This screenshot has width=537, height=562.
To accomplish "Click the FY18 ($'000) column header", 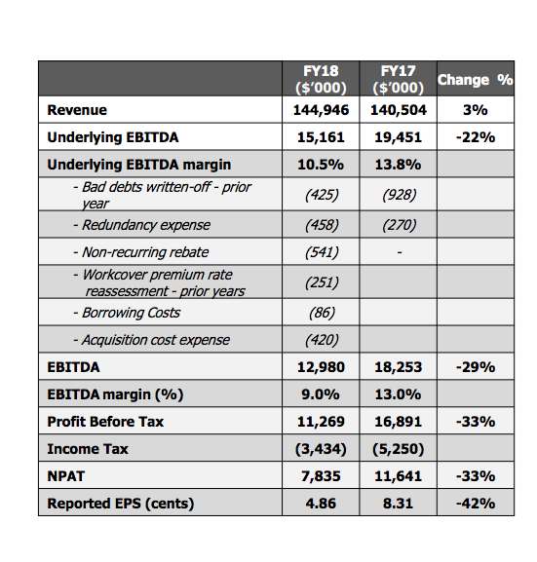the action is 321,79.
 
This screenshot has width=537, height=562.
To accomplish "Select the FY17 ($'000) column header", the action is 399,79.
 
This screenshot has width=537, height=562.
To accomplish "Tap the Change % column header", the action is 476,80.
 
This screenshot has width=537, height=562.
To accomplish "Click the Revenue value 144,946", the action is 321,110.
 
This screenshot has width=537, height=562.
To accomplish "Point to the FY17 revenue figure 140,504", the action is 399,110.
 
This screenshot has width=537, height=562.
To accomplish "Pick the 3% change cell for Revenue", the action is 476,110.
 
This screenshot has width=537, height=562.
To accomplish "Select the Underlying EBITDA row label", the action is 113,137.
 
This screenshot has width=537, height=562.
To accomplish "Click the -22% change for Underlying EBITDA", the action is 476,137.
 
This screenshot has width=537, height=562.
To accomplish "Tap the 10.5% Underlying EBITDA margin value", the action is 321,165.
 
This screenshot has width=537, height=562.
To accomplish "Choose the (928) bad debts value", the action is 399,195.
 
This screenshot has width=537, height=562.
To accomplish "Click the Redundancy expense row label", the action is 141,225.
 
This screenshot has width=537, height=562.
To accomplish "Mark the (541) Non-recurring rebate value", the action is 322,252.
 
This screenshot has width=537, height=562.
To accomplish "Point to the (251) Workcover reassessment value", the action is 322,282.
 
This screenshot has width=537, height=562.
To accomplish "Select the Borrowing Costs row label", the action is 127,313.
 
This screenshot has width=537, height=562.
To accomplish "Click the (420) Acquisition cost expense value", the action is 322,340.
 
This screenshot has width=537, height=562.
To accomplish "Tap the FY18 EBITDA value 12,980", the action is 321,367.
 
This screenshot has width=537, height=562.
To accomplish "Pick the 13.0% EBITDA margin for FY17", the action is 399,394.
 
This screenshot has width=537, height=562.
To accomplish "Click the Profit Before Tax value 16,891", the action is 399,422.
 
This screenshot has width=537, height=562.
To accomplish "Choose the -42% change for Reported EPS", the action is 476,504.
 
